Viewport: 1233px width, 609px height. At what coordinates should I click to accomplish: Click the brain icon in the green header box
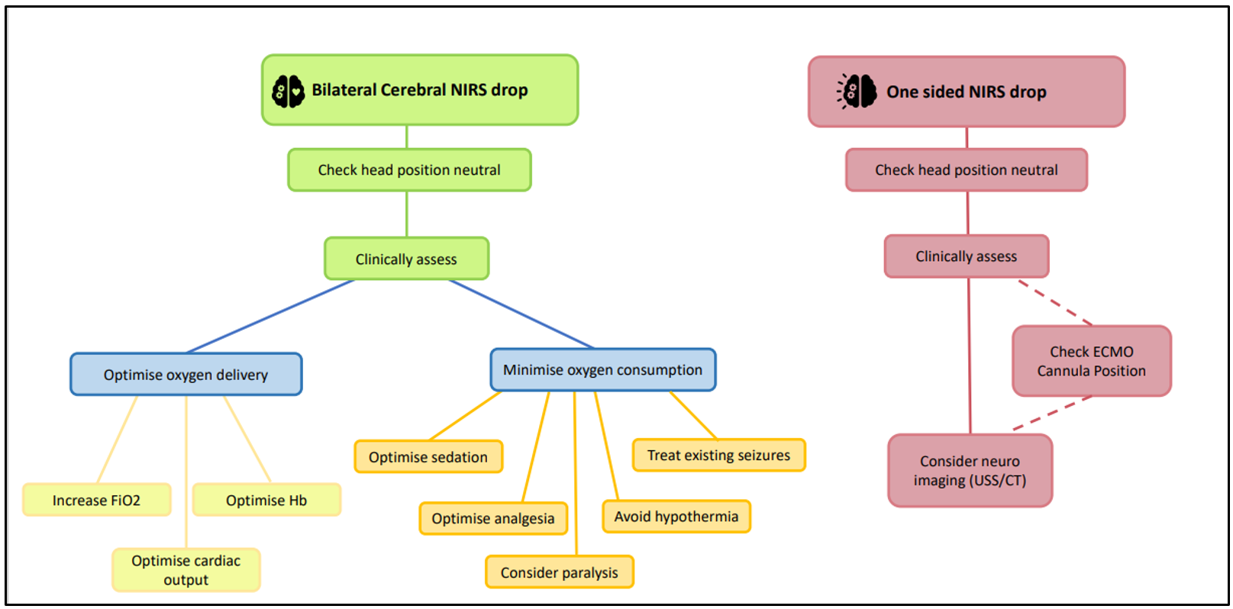pos(288,91)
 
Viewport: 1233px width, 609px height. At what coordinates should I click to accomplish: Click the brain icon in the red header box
pos(857,92)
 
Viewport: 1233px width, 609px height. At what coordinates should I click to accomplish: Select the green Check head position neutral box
pos(409,170)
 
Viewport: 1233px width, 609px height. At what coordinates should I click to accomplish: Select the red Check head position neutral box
pos(966,170)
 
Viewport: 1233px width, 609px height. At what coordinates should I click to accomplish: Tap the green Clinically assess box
pos(406,259)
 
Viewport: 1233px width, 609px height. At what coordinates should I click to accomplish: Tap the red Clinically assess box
pos(966,256)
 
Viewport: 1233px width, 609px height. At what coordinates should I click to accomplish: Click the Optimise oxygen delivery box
pos(186,375)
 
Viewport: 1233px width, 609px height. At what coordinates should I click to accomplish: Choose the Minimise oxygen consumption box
pos(602,370)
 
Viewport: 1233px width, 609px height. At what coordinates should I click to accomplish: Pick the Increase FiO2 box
pos(96,501)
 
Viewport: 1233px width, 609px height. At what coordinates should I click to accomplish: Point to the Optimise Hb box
pos(266,501)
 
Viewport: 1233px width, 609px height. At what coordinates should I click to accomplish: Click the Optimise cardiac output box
pos(186,570)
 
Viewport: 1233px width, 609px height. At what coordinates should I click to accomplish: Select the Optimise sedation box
pos(428,457)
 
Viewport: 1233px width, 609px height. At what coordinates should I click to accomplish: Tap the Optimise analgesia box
pos(492,519)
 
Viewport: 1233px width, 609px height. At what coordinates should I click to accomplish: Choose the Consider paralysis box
pos(559,572)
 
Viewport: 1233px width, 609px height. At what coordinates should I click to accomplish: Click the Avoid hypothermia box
pos(676,517)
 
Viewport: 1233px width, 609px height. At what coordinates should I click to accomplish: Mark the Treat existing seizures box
pos(718,456)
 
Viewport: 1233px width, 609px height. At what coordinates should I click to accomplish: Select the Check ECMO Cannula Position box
pos(1091,361)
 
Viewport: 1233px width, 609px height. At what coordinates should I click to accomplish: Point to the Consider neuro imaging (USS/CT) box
pos(970,471)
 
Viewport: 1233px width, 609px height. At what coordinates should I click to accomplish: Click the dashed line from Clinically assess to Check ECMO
pos(1056,303)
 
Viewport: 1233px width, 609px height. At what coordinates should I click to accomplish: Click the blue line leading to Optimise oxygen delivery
pos(270,316)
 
